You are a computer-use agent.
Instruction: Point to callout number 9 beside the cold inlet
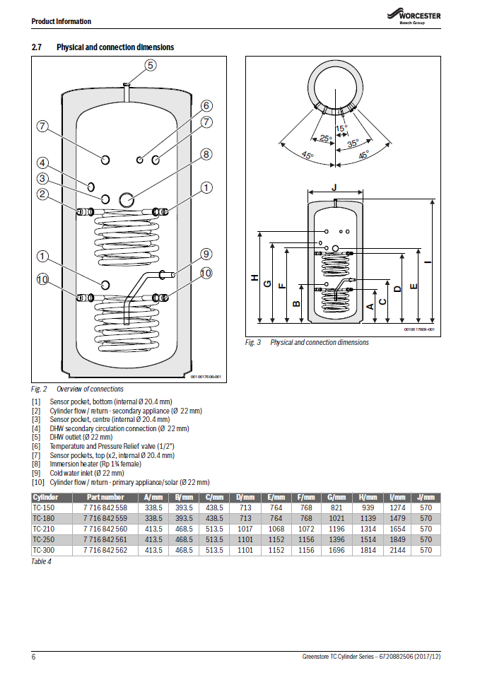coord(206,254)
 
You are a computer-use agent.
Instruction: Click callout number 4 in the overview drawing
coord(42,162)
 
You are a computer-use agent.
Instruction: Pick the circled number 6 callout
coord(206,106)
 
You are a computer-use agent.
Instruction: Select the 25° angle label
coord(325,139)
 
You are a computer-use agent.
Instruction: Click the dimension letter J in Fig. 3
coord(334,187)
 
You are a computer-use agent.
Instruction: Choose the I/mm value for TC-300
coord(399,550)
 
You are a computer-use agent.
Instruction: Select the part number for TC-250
coord(105,539)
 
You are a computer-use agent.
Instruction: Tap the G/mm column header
coord(337,497)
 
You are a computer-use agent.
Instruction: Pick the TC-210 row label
coord(44,529)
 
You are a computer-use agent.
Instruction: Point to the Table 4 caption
coord(42,561)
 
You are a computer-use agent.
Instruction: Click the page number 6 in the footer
coord(34,657)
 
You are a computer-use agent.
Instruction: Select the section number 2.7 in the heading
coord(37,47)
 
